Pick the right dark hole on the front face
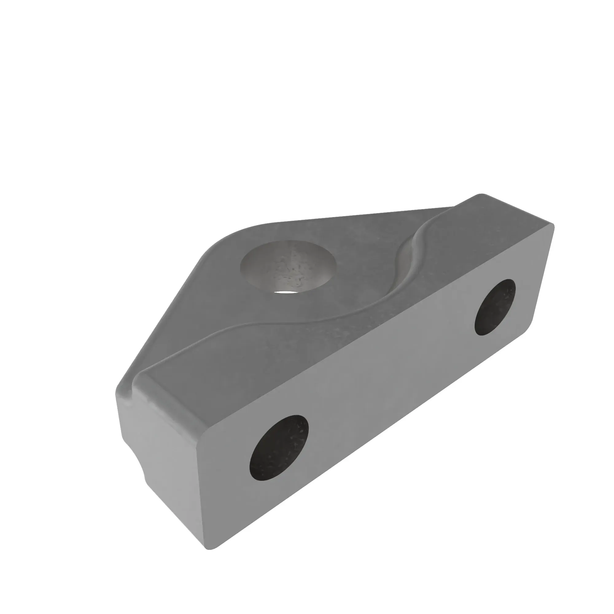point(495,307)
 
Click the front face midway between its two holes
point(388,378)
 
